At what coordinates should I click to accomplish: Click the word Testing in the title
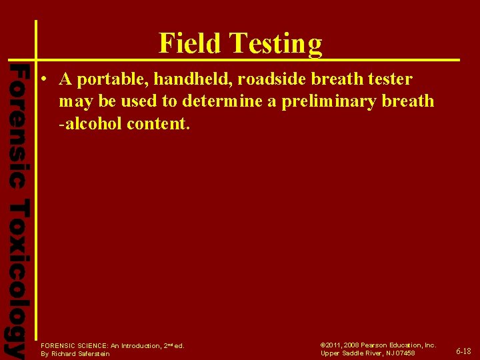pos(275,45)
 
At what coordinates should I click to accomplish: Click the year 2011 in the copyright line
pos(335,345)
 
